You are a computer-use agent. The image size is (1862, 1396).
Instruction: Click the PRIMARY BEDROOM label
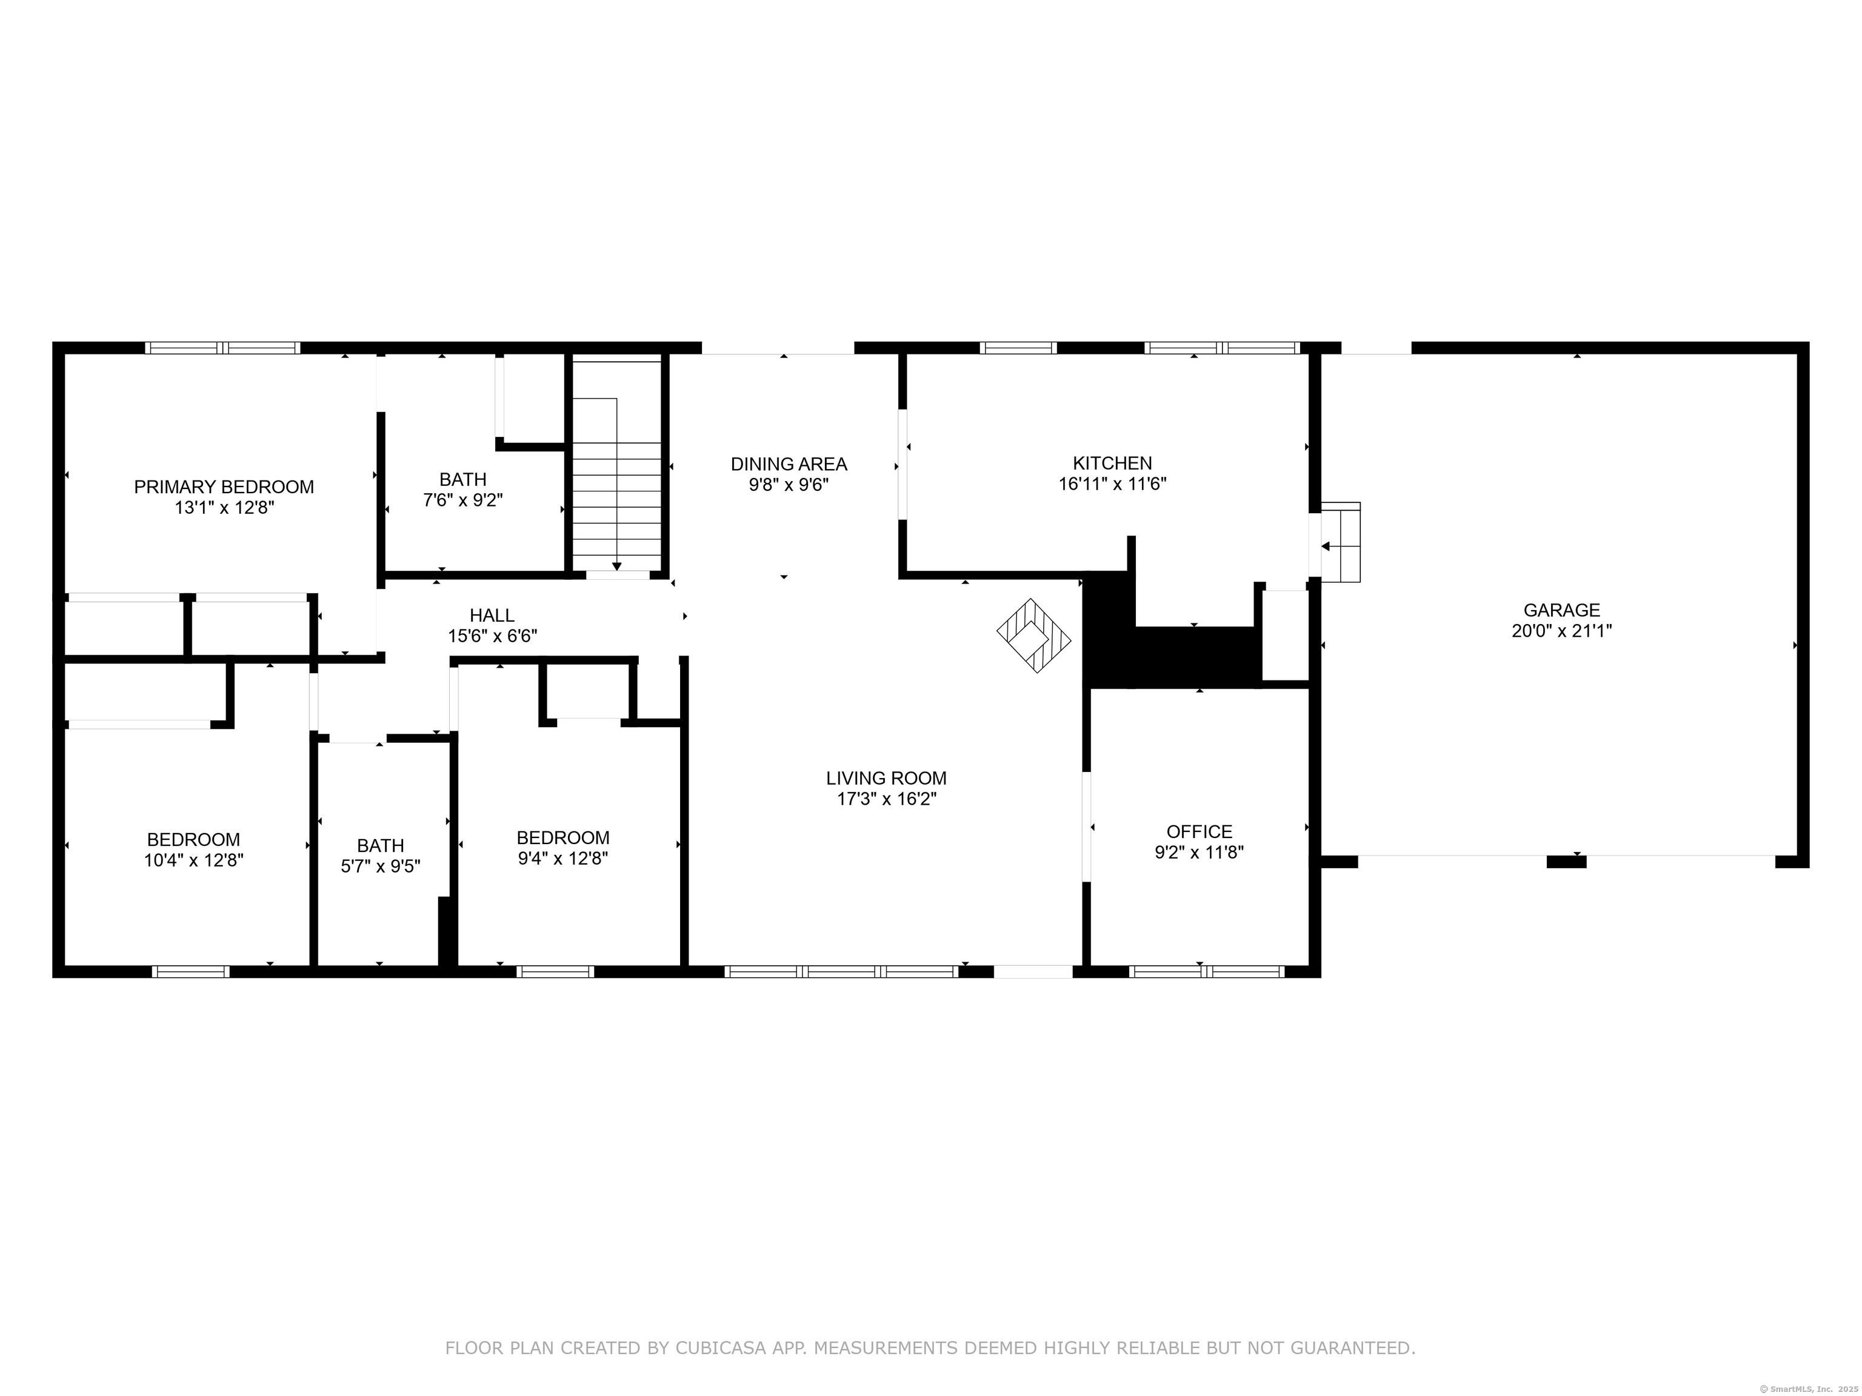[224, 487]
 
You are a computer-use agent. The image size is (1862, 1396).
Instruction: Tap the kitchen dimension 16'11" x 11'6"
[1112, 484]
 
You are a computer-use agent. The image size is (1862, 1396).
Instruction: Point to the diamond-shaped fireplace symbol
[1033, 636]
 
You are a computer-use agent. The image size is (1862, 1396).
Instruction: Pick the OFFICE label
[1199, 831]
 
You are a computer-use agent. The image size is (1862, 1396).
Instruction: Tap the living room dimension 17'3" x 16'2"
[886, 799]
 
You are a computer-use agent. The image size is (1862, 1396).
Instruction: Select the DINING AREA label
[789, 464]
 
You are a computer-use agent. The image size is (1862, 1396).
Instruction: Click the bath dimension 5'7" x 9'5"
[381, 866]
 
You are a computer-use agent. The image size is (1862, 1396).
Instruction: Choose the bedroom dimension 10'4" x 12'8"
[193, 860]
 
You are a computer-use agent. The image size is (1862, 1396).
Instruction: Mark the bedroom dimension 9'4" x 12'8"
[562, 859]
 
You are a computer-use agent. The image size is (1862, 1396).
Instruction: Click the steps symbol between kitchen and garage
[1340, 542]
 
